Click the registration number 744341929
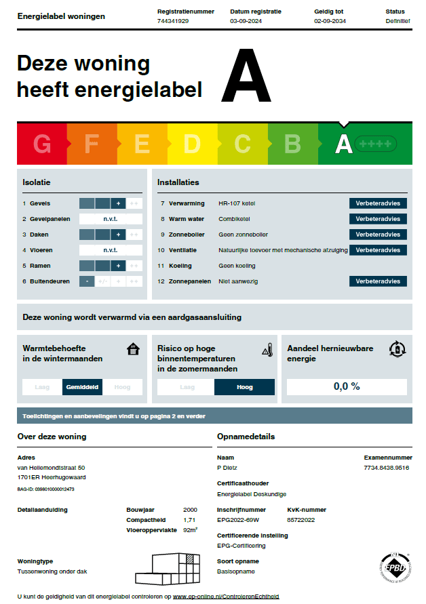point(172,22)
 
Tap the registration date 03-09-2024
point(246,22)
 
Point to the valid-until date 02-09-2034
point(330,22)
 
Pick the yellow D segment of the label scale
point(193,144)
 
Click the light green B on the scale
point(292,144)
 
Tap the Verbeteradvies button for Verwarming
point(378,203)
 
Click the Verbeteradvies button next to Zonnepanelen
point(378,281)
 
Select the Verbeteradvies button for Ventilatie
point(378,250)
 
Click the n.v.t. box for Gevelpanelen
point(111,219)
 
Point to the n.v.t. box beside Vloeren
point(111,250)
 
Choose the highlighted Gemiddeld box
point(82,387)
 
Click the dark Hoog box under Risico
point(244,387)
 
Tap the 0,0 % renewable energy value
point(347,386)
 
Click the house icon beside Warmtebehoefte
point(134,349)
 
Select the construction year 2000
point(190,510)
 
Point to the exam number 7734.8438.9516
point(387,468)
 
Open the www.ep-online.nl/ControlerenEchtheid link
point(226,597)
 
